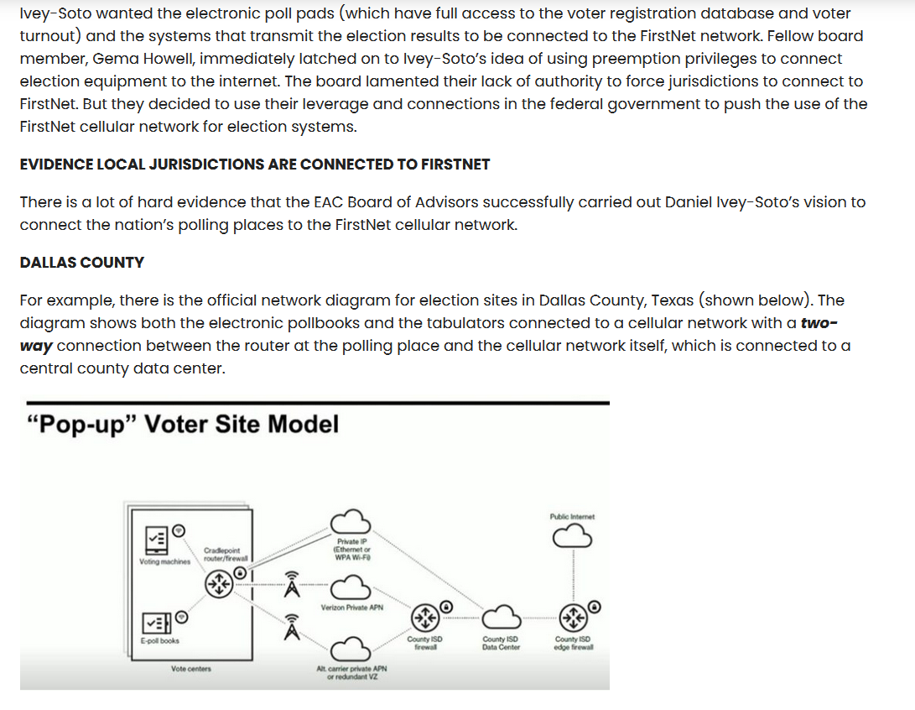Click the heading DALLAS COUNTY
tap(81, 263)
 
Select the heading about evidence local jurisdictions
tap(254, 164)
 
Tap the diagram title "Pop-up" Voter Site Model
tap(183, 424)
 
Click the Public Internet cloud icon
tap(572, 535)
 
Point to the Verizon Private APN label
tap(352, 608)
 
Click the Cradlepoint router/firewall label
tap(226, 554)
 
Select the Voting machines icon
tap(156, 540)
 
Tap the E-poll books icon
tap(156, 623)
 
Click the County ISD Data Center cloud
tap(501, 617)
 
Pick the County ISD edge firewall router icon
tap(573, 617)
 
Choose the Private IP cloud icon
tap(350, 521)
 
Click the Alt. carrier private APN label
tap(352, 672)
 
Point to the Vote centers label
tap(191, 669)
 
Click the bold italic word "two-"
tap(819, 323)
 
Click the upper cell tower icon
tap(292, 584)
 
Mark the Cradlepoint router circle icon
tap(220, 583)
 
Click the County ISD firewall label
tap(425, 644)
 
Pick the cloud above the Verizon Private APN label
tap(350, 587)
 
